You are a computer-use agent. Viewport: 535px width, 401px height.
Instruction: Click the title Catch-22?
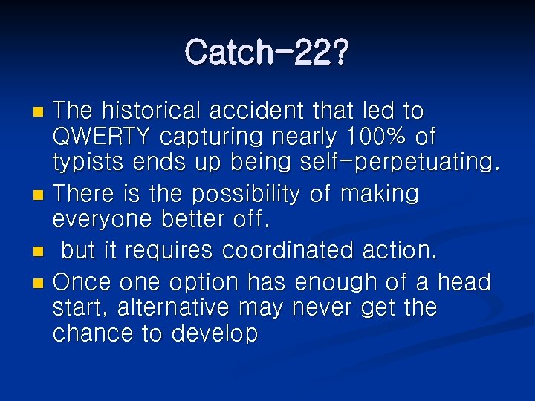click(x=267, y=52)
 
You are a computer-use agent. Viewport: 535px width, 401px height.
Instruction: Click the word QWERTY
click(x=97, y=137)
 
